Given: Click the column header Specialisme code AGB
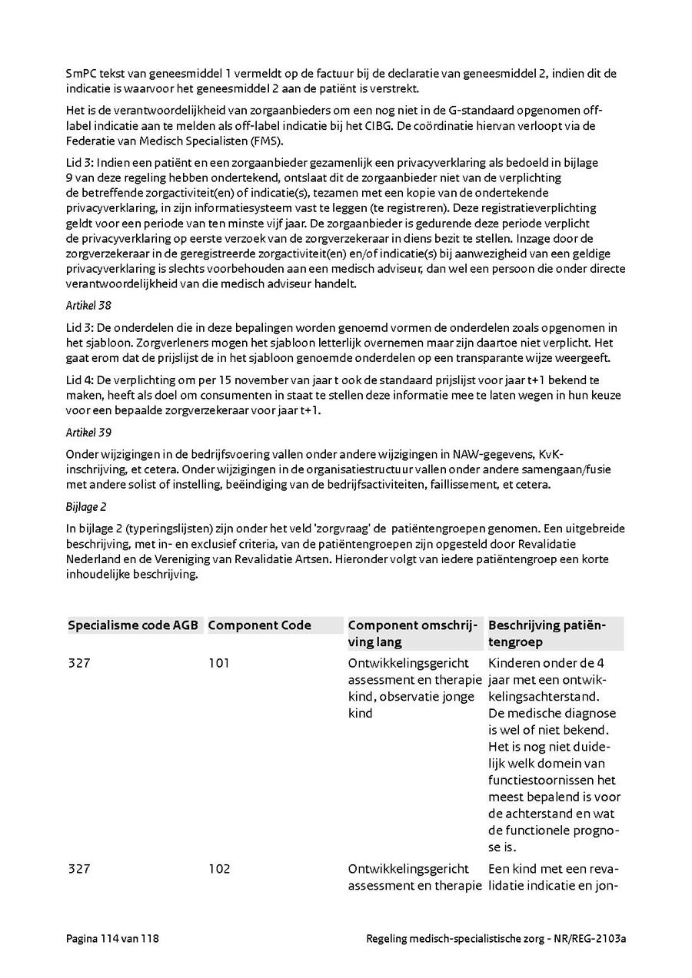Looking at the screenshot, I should [x=133, y=625].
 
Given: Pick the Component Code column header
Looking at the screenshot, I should [x=259, y=625].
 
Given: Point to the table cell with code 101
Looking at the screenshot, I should [x=219, y=663].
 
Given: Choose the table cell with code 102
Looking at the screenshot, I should [x=219, y=869].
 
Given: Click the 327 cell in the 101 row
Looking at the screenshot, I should [x=79, y=663].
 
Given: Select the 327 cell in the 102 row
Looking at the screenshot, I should [x=79, y=869].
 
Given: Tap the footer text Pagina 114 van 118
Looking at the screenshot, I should [x=113, y=939].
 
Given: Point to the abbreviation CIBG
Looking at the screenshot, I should [x=436, y=126].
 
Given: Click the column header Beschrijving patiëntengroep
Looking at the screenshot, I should [x=547, y=634].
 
